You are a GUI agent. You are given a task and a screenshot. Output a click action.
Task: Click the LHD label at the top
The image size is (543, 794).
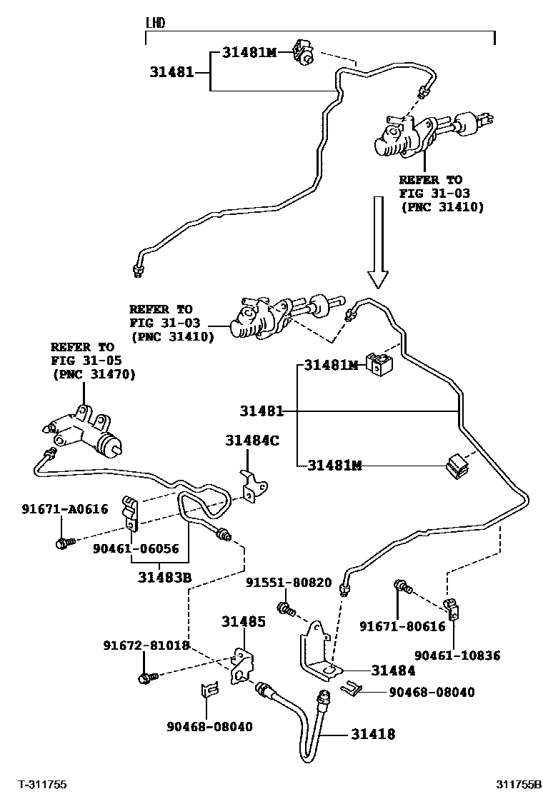coord(156,23)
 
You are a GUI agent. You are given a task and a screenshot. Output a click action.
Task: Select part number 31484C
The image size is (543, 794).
coord(252,441)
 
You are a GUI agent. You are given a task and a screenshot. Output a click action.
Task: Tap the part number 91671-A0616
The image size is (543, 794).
coord(65,509)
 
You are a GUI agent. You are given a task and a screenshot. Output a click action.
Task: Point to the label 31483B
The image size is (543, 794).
coord(164,577)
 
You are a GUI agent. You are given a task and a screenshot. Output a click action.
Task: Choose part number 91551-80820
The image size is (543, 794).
coord(289,583)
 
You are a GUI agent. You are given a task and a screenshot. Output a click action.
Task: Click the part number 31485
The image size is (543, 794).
coord(243,621)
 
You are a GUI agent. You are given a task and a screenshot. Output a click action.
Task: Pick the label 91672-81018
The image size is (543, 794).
coord(146,645)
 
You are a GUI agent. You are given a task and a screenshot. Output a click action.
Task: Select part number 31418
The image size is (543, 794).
coord(373,734)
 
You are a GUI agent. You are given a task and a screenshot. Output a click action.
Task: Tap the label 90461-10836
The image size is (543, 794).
coord(457,655)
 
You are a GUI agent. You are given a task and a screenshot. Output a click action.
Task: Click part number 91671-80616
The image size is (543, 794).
coord(403,626)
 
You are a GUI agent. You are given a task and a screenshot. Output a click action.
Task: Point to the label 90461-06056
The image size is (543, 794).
coord(136,548)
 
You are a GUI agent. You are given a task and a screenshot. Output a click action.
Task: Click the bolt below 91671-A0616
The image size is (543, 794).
coord(64,543)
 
